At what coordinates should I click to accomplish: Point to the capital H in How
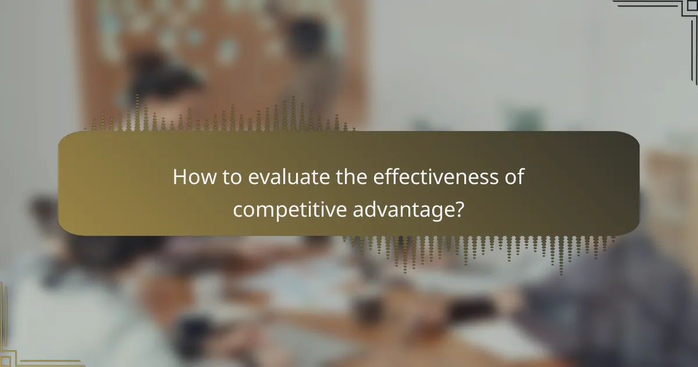179,177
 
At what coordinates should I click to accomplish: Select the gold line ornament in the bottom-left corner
23,344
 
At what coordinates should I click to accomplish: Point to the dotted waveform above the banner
221,119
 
